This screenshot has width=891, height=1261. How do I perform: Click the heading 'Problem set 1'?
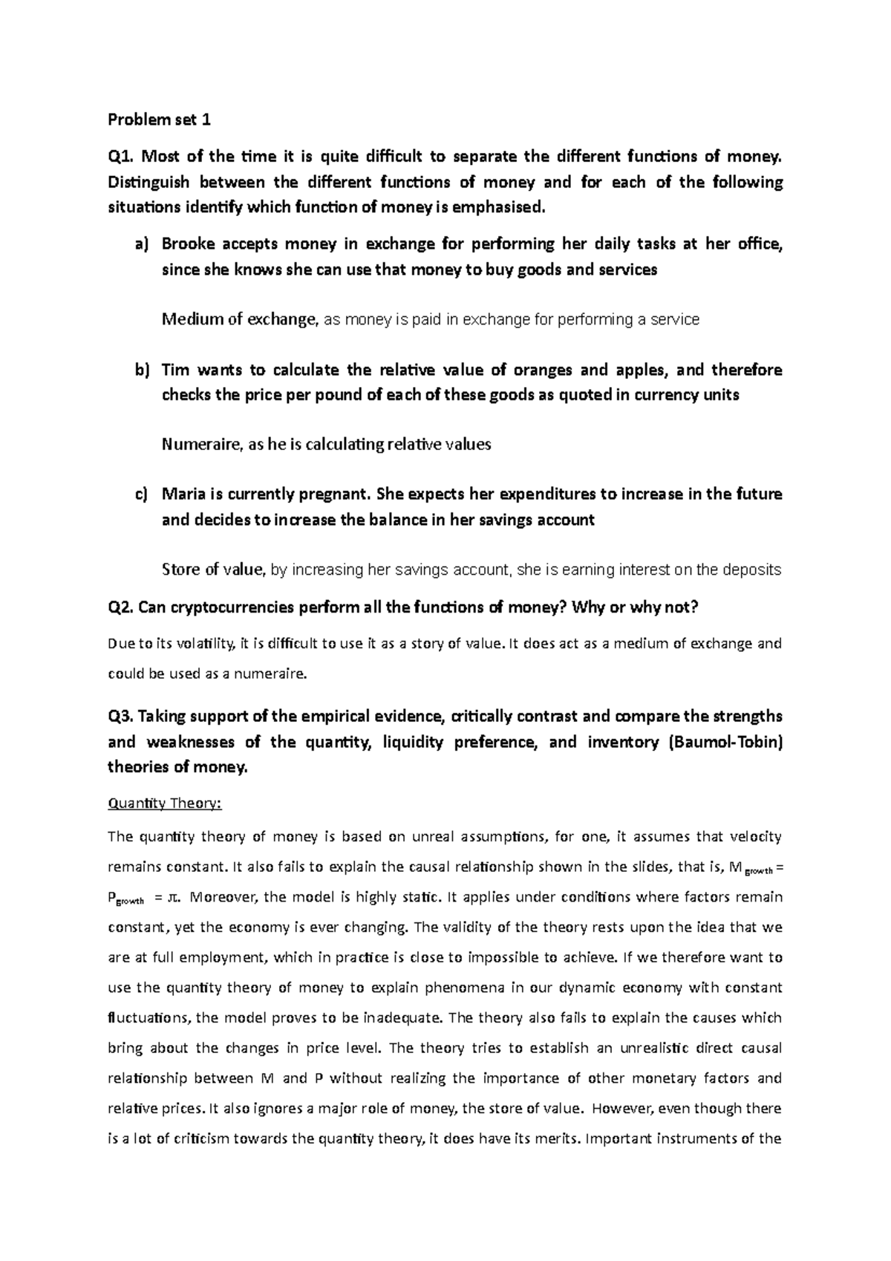click(x=160, y=120)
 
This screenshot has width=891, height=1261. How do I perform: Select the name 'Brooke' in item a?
click(x=186, y=244)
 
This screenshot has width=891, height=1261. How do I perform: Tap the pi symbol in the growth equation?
click(x=173, y=897)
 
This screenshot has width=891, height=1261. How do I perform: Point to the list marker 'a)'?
click(x=141, y=244)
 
